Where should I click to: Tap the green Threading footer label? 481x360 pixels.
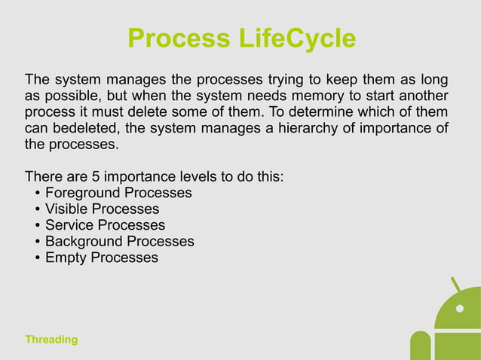point(51,340)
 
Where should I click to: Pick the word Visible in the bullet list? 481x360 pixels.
point(66,209)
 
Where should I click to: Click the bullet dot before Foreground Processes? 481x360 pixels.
point(37,194)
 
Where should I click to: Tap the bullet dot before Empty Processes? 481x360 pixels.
point(37,258)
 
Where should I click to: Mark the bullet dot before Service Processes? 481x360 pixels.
point(37,226)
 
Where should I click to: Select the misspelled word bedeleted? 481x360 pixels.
point(87,129)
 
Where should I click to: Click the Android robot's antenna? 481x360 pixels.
point(456,285)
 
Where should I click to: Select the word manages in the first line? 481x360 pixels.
point(133,80)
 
